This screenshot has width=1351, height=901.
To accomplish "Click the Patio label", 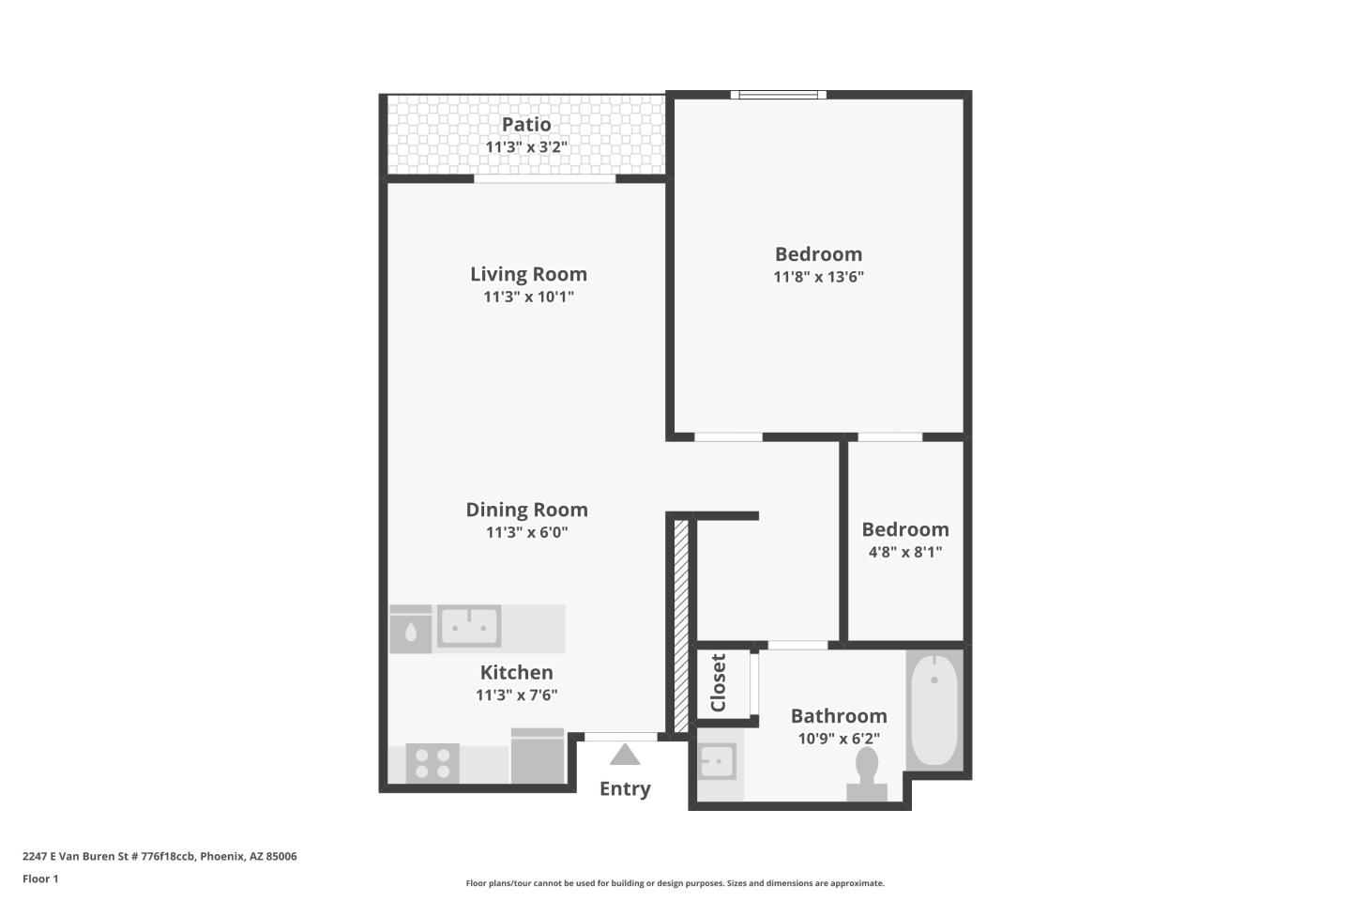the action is click(x=526, y=124).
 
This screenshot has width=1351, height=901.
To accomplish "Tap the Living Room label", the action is click(x=528, y=274).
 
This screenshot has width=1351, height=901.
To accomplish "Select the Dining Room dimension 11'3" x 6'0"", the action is click(x=527, y=532).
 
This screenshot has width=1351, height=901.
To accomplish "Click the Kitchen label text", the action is click(x=516, y=672).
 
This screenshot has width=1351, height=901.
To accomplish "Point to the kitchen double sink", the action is click(x=469, y=626).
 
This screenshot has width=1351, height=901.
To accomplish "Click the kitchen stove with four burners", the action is click(x=433, y=763).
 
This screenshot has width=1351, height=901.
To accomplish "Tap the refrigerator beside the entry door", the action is click(x=538, y=756).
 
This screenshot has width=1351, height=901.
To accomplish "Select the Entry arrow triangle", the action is click(x=624, y=755).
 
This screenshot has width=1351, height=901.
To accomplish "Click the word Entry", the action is click(x=625, y=788).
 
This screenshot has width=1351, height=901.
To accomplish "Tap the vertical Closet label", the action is click(x=718, y=682).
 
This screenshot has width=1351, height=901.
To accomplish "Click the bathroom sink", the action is click(x=717, y=761).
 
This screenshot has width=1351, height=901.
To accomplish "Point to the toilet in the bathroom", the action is click(x=867, y=774).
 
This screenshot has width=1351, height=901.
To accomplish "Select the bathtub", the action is click(x=934, y=710).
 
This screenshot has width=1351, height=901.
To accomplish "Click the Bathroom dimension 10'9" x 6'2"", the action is click(x=839, y=738).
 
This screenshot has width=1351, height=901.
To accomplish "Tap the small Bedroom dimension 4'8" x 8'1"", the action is click(x=905, y=552).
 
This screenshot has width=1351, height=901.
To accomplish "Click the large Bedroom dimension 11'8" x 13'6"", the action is click(x=818, y=276).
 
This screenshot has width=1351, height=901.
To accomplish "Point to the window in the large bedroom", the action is click(x=778, y=95).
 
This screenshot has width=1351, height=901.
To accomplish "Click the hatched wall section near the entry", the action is click(x=681, y=626).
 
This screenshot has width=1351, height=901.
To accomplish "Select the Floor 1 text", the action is click(x=40, y=878).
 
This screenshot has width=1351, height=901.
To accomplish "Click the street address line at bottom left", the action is click(x=159, y=856).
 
